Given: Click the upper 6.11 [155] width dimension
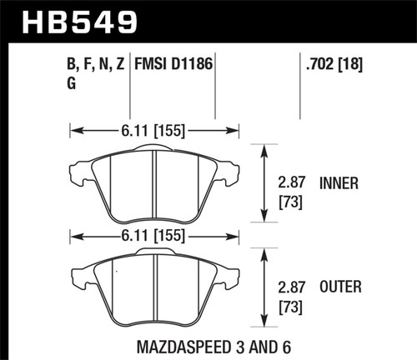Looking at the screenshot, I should [156, 129].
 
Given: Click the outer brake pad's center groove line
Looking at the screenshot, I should [158, 287].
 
